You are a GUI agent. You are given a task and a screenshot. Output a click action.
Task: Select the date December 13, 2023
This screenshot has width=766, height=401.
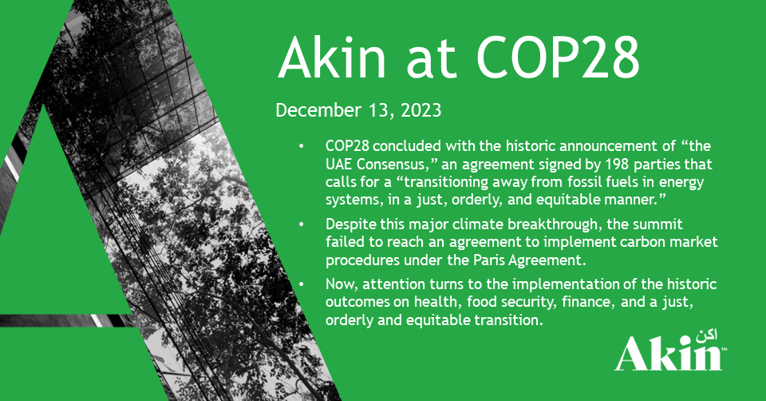[358, 110]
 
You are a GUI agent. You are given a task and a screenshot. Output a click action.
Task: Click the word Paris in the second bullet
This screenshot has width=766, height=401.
[489, 260]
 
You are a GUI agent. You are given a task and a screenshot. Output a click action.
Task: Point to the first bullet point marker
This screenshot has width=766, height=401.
[302, 145]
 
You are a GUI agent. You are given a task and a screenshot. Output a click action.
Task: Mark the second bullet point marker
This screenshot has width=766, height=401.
[302, 224]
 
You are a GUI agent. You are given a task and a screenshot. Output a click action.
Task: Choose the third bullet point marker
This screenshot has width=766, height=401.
[302, 284]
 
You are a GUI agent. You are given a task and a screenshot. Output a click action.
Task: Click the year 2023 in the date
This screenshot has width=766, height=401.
[421, 110]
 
